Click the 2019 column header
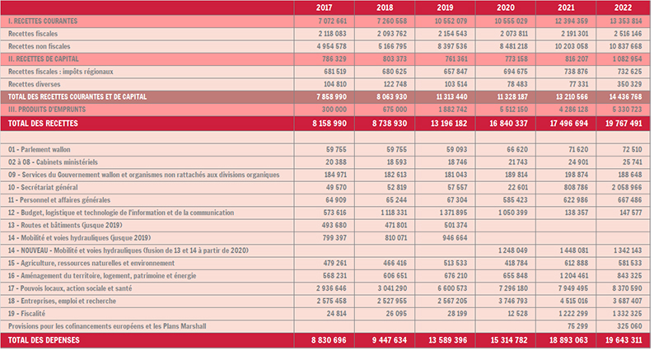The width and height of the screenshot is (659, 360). pos(445,7)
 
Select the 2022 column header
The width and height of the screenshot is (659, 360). pos(623,7)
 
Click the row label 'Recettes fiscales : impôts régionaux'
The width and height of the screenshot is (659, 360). pos(60,72)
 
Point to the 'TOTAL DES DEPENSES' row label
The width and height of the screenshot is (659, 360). pos(44,340)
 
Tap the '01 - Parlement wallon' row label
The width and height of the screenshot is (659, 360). pos(39,150)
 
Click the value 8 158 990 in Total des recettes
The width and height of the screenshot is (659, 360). pos(329,124)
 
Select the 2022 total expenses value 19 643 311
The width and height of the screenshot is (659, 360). pos(624,340)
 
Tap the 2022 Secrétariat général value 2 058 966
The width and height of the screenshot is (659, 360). pos(627,187)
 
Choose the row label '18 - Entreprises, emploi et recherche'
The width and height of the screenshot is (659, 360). pos(63,301)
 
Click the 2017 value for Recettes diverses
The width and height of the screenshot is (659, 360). pos(335,84)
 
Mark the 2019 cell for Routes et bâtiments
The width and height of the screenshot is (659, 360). pos(456,225)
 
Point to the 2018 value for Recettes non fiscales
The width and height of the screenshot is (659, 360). pos(393,46)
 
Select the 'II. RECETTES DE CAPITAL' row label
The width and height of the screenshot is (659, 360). pos(44,58)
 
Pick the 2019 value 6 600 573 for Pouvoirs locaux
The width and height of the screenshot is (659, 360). pos(452,288)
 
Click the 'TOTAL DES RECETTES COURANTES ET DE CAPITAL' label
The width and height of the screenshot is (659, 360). pos(77,96)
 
